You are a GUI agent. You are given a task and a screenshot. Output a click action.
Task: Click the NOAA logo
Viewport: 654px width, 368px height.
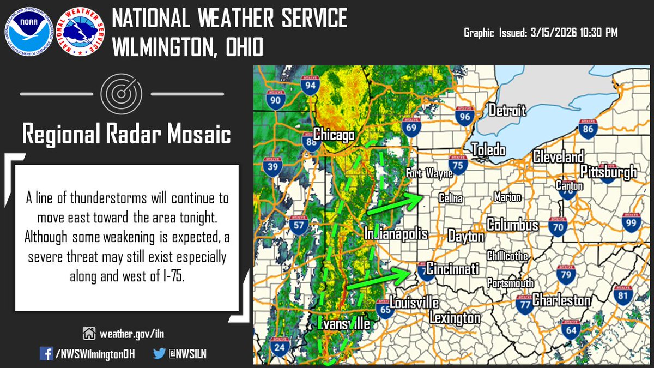click(29, 31)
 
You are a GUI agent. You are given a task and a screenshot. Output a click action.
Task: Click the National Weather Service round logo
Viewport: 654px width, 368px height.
click(80, 31)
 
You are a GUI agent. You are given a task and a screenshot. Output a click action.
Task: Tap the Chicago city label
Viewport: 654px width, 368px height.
click(334, 135)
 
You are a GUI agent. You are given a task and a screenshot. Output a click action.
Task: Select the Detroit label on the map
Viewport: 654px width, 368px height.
click(507, 110)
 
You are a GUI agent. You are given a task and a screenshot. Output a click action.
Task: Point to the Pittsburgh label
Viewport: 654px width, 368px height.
click(608, 172)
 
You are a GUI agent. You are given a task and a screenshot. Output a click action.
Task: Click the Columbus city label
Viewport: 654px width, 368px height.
click(512, 225)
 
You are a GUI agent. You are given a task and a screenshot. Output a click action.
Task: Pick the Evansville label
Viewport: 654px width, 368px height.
click(343, 324)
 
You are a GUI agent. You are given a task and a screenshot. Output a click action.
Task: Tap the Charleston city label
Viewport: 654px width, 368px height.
click(561, 300)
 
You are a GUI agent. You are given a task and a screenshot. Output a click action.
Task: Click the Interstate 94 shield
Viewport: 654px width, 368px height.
click(310, 86)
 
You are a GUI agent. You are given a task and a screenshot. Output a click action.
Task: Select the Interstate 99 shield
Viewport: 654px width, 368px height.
click(631, 222)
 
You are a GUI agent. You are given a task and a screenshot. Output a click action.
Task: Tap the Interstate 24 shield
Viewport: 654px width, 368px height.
click(279, 347)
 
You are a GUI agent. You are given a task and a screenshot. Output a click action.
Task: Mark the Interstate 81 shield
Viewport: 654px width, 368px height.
click(623, 295)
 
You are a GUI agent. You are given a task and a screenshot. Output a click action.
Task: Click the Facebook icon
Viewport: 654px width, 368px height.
click(46, 353)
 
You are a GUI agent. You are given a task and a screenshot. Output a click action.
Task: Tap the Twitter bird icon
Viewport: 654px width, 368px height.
click(159, 353)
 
